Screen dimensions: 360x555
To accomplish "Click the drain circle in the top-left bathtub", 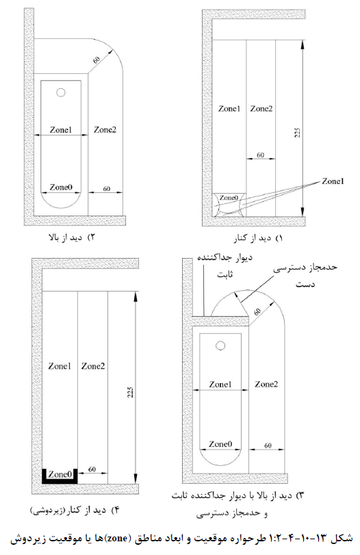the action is pos(61,93).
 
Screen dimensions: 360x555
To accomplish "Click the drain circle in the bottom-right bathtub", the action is pos(220,346).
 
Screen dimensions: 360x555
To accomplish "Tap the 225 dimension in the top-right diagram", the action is pos(297,132).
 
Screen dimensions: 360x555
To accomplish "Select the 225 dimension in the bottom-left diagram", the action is pos(130,392).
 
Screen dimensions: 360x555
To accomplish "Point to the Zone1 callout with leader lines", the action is pos(333,181).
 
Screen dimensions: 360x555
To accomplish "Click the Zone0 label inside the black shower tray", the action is pos(60,474).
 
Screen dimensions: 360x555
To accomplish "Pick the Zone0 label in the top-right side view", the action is pos(229,198).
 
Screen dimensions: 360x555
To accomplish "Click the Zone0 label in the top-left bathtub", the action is pos(61,187).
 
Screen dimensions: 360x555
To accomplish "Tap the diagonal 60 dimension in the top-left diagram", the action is pos(97,60).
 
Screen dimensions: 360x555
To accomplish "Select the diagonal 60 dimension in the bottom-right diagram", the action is pos(257,312).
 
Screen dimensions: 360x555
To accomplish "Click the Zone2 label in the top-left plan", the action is pos(105,130).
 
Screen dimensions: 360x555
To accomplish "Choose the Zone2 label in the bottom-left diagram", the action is pos(93,366).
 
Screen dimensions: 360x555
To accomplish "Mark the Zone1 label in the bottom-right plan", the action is pos(220,385).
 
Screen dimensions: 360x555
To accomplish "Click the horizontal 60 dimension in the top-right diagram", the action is pos(260,155).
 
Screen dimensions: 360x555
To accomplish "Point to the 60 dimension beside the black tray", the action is pos(92,469).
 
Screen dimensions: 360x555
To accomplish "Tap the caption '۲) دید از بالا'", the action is pos(72,237).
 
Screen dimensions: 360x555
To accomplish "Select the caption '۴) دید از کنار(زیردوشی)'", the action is pos(75,511).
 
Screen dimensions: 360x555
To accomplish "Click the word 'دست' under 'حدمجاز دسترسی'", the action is pos(305,284).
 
